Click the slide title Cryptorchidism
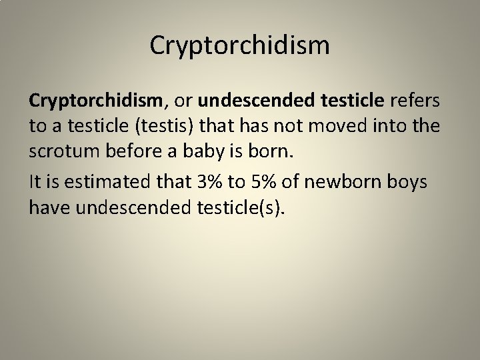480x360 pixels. [x=239, y=46]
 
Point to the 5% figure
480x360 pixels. [x=263, y=181]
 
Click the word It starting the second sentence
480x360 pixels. [x=35, y=181]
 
